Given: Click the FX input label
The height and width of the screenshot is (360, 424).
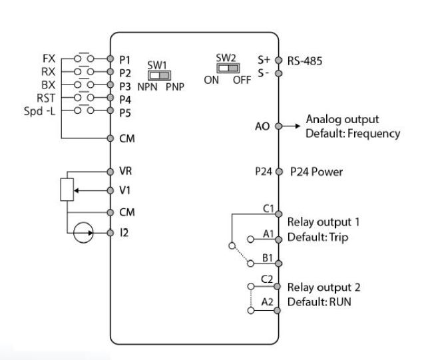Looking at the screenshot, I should [x=49, y=58].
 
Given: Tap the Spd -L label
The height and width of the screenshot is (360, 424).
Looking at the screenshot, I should [x=40, y=110].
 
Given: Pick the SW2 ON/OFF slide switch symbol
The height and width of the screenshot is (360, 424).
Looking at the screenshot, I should [x=227, y=69].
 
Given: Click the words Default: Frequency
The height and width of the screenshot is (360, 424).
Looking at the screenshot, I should [x=353, y=133].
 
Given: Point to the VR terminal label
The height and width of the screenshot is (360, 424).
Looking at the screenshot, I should [x=124, y=171].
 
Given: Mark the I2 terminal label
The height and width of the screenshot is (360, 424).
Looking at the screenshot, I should [x=123, y=234].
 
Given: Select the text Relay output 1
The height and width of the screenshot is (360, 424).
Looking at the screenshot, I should [x=323, y=221].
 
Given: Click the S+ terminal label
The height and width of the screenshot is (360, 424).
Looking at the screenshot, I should [x=263, y=59].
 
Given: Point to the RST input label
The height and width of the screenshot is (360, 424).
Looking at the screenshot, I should [x=46, y=97].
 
